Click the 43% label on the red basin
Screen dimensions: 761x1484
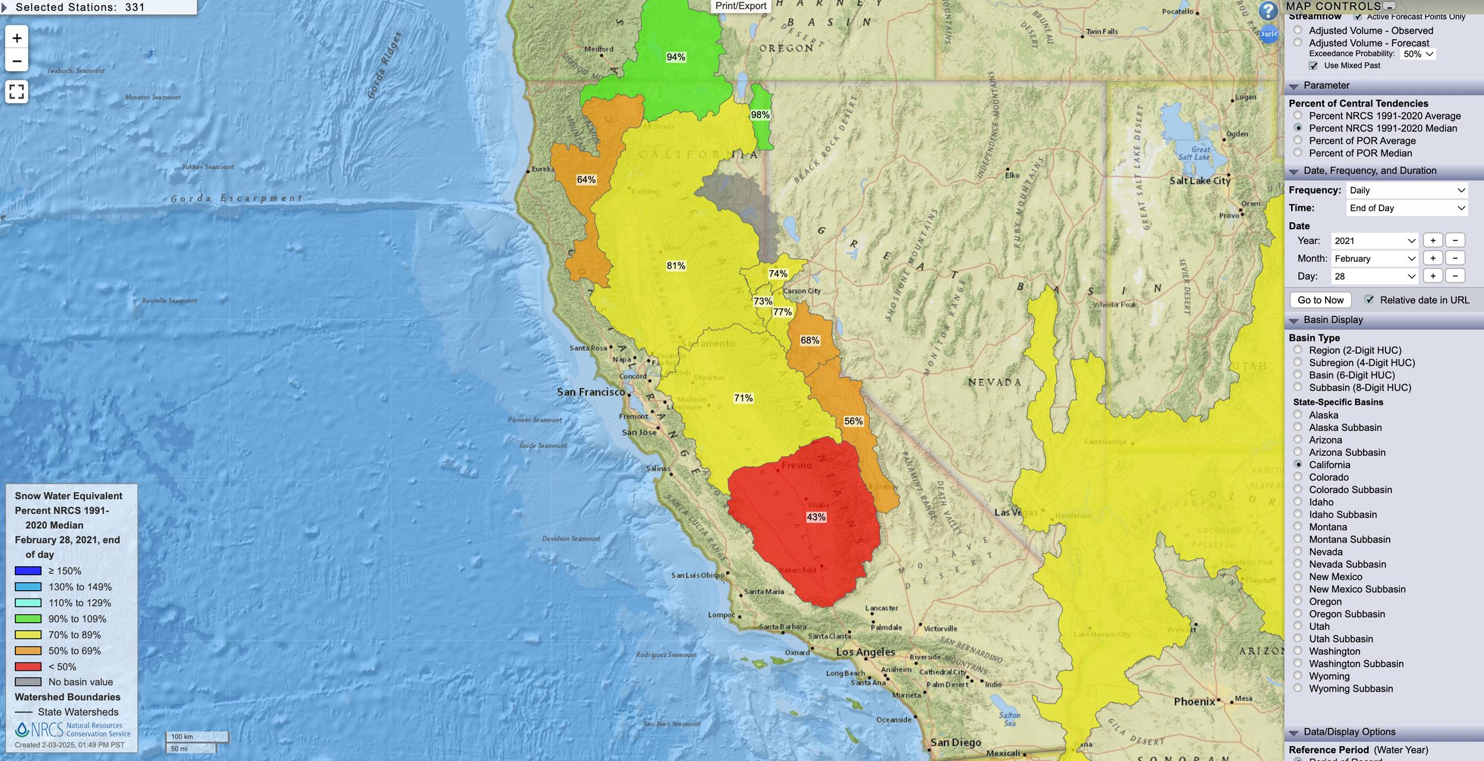point(816,517)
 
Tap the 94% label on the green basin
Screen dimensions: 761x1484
point(676,57)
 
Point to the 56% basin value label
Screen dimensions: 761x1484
point(853,421)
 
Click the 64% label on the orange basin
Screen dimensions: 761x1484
point(586,180)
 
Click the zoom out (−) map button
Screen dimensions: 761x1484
point(17,61)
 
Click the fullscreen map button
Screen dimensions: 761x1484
point(17,91)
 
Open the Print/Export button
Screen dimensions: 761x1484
point(741,6)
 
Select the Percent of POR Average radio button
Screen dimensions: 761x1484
point(1298,141)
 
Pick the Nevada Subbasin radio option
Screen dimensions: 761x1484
point(1298,564)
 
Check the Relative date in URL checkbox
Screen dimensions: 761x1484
point(1369,300)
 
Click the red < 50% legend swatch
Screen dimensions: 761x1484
point(28,667)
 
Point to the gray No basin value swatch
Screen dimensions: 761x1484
point(28,682)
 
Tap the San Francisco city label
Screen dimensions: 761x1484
point(591,392)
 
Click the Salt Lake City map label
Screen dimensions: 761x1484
point(1199,180)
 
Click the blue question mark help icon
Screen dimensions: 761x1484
point(1267,11)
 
